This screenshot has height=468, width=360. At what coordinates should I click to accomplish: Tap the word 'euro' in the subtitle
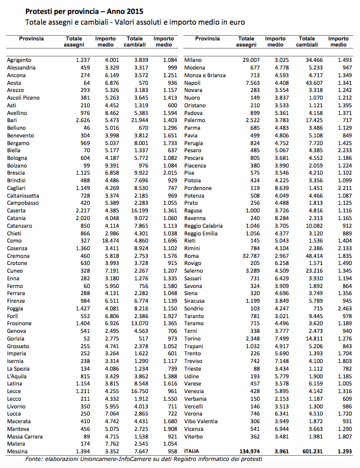pos(236,22)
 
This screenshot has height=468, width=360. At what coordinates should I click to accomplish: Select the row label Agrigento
pos(19,60)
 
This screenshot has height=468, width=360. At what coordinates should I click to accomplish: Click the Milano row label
pos(193,60)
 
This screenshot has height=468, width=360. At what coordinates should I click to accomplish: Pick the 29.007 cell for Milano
pos(246,60)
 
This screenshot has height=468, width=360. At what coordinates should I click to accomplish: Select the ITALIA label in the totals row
pos(192,452)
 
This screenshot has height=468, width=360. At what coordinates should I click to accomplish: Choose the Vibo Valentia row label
pos(201,422)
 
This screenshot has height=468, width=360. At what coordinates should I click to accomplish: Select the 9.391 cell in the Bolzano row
pos(108,165)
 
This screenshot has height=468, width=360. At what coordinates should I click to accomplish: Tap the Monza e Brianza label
pos(205,75)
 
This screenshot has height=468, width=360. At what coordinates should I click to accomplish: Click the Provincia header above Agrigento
pos(32,39)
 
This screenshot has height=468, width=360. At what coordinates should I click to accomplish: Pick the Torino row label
pos(193,338)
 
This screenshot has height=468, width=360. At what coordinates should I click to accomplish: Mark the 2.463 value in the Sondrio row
pos(338,308)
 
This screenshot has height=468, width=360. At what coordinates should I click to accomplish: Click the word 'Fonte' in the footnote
pos(35,459)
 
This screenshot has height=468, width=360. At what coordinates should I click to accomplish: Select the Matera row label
pos(16,444)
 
